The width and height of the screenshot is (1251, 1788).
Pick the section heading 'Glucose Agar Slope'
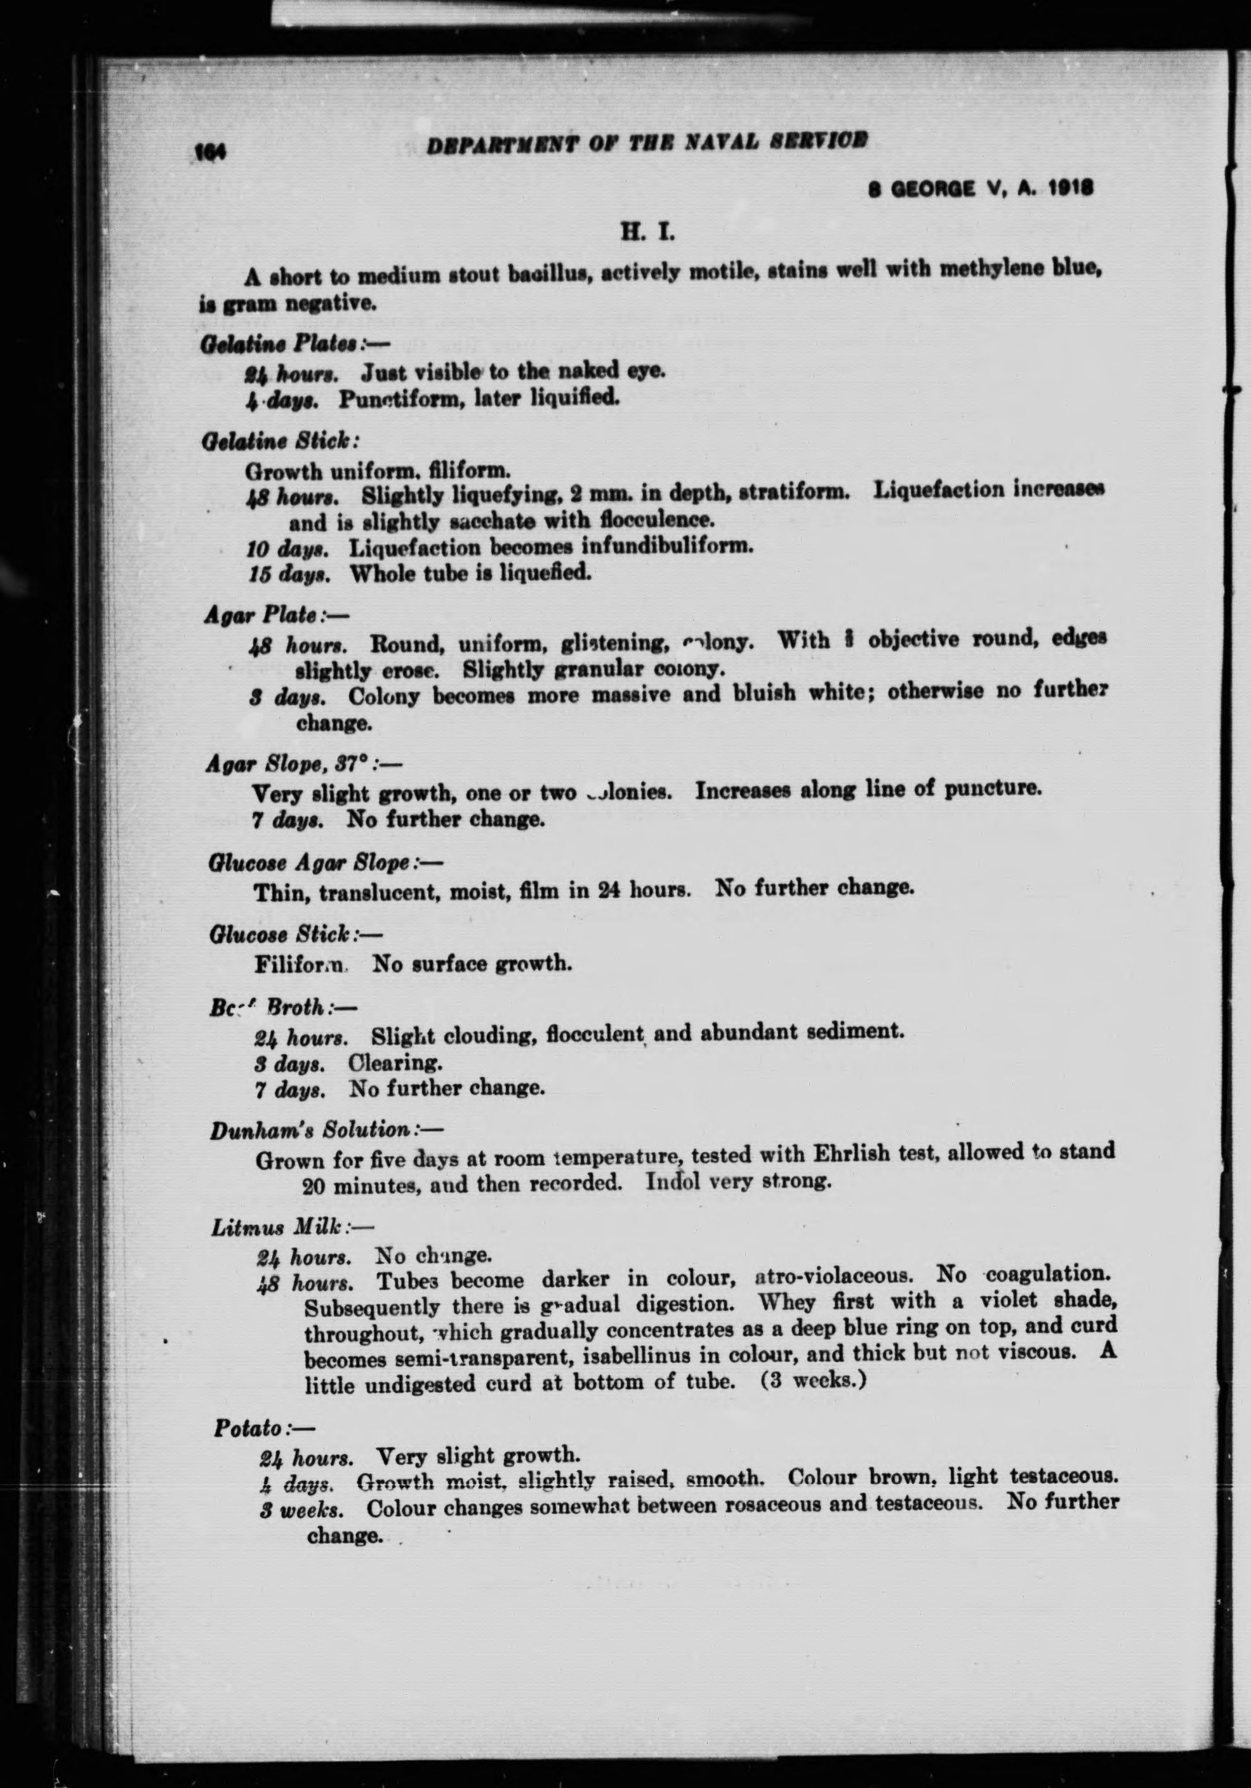(309, 863)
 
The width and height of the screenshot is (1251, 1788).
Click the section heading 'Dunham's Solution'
(309, 1130)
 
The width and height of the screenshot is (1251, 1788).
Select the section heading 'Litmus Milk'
(277, 1228)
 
